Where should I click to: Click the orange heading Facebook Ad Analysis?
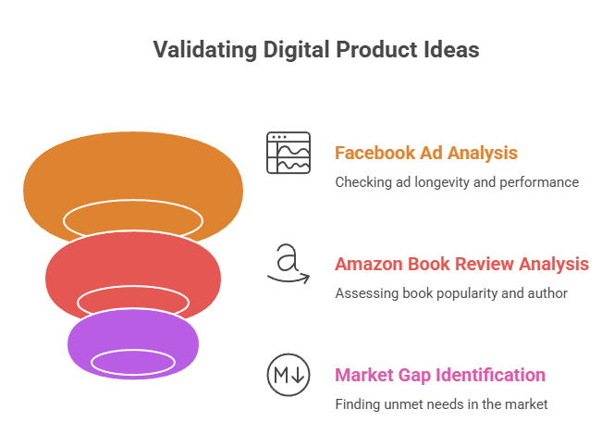(x=425, y=153)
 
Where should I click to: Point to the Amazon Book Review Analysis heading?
(x=461, y=264)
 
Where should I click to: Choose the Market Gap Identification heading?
(x=439, y=375)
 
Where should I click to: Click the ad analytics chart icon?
(x=289, y=154)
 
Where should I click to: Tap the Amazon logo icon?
(x=289, y=262)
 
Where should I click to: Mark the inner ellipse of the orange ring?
(x=132, y=218)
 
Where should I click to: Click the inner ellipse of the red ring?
(x=132, y=301)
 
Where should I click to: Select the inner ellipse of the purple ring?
(x=132, y=361)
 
